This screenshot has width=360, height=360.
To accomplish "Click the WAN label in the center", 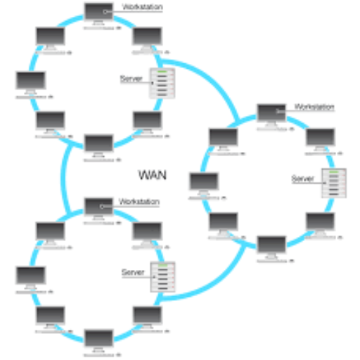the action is (153, 175).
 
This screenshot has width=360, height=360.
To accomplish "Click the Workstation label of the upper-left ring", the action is (142, 7).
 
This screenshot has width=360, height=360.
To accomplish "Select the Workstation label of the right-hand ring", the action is (314, 107).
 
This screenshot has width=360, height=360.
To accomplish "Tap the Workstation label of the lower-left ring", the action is (139, 202).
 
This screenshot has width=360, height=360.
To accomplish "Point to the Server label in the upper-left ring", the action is (131, 79).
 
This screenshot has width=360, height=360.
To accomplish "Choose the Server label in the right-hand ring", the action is (302, 179).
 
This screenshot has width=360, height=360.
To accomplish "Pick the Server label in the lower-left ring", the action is (133, 272).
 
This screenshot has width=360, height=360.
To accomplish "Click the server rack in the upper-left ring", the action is (162, 83).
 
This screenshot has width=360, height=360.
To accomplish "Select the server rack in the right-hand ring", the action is (334, 183).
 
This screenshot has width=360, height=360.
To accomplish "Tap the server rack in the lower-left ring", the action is (162, 277).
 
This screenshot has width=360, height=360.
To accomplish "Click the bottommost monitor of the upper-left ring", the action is (98, 146).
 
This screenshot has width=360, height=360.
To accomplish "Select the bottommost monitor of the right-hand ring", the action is (271, 247).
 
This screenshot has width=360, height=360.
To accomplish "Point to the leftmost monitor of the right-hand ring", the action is (204, 184).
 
